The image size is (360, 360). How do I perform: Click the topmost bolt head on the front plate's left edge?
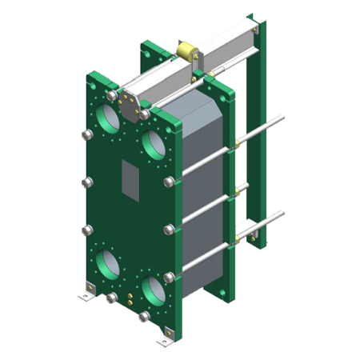[85, 134]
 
